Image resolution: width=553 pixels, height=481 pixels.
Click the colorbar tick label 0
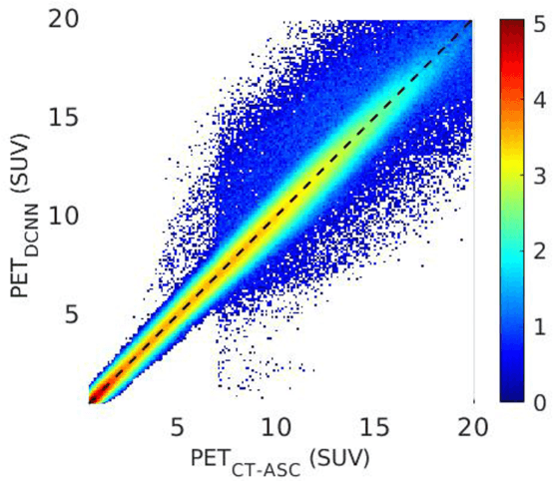click(535, 403)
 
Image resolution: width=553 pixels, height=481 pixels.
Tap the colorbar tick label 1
click(535, 326)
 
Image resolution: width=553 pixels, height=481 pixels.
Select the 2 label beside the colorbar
click(535, 250)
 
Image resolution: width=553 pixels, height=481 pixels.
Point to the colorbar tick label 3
click(535, 174)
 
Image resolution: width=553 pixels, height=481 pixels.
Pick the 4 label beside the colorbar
click(535, 98)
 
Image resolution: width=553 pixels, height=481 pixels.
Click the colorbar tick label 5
click(535, 21)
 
